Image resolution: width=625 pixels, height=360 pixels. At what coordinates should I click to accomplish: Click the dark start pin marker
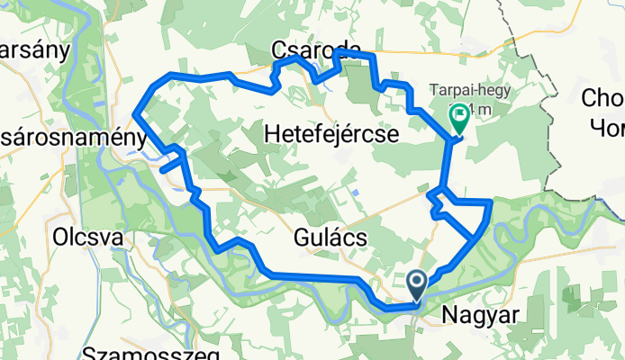click(x=418, y=284)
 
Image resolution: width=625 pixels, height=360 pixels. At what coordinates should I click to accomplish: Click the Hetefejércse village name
click(x=332, y=133)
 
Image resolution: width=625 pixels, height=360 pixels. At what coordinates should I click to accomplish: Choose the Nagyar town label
click(x=482, y=315)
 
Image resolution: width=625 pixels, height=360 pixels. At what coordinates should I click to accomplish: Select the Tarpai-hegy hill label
click(x=460, y=90)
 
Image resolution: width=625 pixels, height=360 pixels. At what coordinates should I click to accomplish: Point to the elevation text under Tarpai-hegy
click(x=477, y=110)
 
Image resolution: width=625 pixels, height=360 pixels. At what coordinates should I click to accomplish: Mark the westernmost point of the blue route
click(x=135, y=112)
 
